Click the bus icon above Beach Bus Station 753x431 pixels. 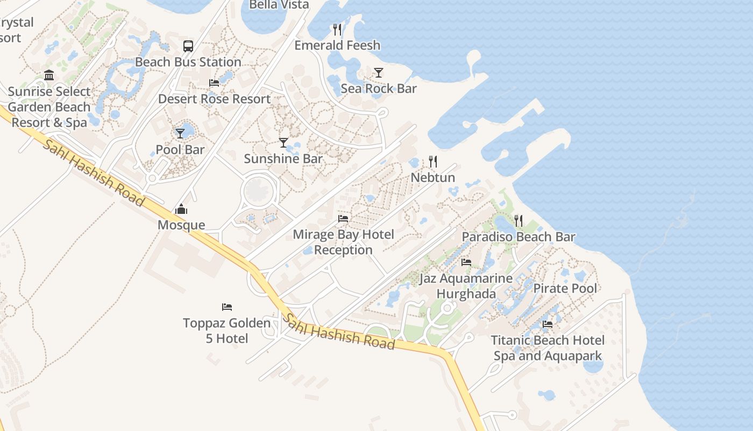pyautogui.click(x=188, y=46)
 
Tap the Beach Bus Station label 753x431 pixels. pyautogui.click(x=188, y=62)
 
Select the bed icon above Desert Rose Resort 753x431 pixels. pyautogui.click(x=214, y=83)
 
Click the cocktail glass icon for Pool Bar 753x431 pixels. pyautogui.click(x=180, y=133)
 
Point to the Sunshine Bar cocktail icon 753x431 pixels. pyautogui.click(x=283, y=143)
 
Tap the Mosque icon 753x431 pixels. pyautogui.click(x=181, y=209)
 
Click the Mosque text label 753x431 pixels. pyautogui.click(x=181, y=225)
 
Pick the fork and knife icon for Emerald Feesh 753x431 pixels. pyautogui.click(x=337, y=29)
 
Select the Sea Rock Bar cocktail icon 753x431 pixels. pyautogui.click(x=379, y=73)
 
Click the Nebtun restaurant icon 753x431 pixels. pyautogui.click(x=433, y=162)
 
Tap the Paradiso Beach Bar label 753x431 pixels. pyautogui.click(x=518, y=237)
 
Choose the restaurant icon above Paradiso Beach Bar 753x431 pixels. pyautogui.click(x=518, y=221)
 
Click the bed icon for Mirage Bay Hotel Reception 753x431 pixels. pyautogui.click(x=343, y=219)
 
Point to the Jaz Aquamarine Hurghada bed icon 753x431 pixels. pyautogui.click(x=466, y=262)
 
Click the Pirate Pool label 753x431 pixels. pyautogui.click(x=565, y=288)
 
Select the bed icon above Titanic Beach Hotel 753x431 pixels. pyautogui.click(x=548, y=324)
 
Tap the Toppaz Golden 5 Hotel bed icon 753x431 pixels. pyautogui.click(x=227, y=307)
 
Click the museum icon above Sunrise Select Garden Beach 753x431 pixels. pyautogui.click(x=49, y=75)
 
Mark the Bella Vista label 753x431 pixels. pyautogui.click(x=279, y=5)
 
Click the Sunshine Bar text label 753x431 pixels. pyautogui.click(x=283, y=158)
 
